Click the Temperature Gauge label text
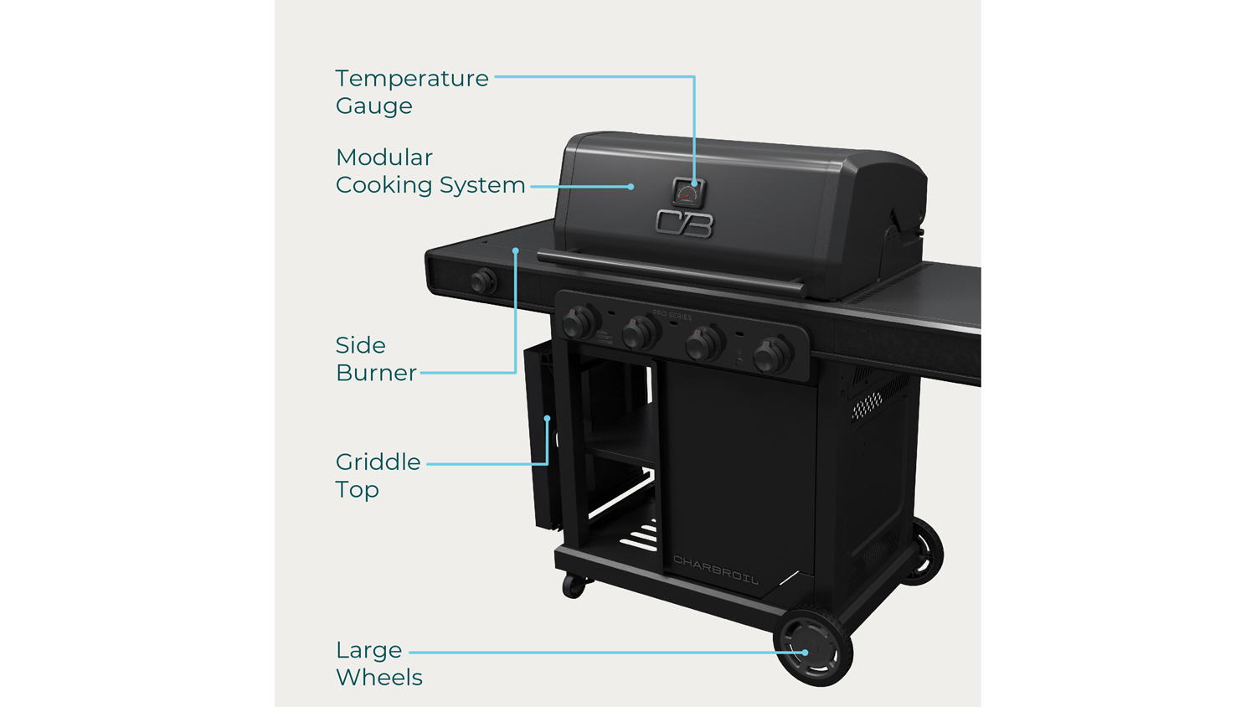[411, 91]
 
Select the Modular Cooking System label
[430, 171]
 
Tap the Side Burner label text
[375, 359]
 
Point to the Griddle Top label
[378, 475]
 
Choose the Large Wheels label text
[378, 663]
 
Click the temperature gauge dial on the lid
[688, 194]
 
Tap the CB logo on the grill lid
[684, 224]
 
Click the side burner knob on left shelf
[482, 281]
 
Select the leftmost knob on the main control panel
[578, 323]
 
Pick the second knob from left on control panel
[639, 333]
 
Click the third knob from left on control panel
[703, 343]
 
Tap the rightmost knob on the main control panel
[771, 355]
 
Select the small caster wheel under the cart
[574, 586]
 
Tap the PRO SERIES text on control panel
[672, 316]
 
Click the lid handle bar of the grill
[670, 272]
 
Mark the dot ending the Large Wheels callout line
[806, 652]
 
